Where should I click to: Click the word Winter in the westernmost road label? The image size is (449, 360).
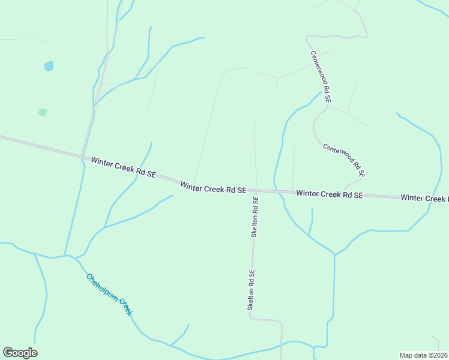coord(102,162)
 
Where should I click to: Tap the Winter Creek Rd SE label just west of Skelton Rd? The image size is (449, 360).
coord(213,188)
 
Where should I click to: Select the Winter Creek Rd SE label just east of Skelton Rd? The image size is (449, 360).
coord(330,194)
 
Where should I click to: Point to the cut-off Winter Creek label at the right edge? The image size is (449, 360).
coord(424,198)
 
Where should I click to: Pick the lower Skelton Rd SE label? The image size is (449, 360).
coord(252,289)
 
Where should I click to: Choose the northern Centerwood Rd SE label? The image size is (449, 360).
coord(321,78)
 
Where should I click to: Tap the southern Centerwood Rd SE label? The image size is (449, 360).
coord(344,160)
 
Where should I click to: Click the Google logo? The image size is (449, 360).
coord(20,353)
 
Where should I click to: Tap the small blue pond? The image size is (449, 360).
coord(49,66)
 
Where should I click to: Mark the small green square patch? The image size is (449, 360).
coord(43,112)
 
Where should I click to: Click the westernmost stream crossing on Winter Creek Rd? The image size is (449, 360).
coord(82,157)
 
